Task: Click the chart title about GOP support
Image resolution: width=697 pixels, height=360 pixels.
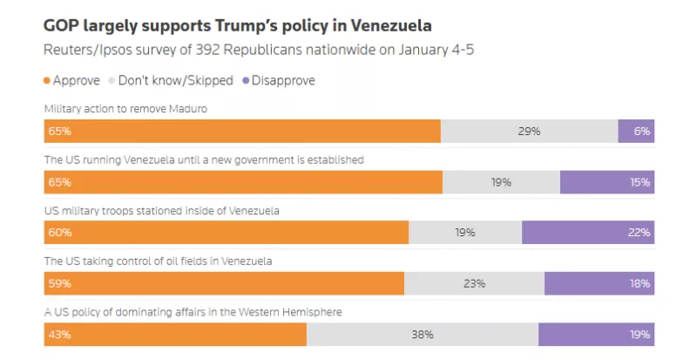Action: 237,24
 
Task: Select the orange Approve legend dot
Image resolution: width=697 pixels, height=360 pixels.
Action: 47,80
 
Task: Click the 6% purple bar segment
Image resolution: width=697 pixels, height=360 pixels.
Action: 636,131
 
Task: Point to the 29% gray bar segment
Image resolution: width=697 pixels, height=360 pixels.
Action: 529,131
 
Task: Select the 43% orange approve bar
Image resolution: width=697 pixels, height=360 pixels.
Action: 175,334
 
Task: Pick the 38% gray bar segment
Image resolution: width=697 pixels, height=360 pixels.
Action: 423,334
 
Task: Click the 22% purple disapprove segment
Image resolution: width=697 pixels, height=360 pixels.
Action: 588,233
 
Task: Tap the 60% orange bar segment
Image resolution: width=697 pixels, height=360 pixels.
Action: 226,233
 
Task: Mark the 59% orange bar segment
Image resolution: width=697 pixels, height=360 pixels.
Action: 224,283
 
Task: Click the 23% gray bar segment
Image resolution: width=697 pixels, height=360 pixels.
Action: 474,283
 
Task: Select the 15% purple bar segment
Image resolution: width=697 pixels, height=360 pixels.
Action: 606,182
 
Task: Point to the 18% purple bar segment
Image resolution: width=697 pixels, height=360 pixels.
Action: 599,283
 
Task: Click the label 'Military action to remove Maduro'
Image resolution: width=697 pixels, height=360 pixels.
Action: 125,109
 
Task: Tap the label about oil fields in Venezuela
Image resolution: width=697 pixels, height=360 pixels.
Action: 159,261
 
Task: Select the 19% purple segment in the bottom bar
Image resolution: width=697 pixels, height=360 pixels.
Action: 596,334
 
